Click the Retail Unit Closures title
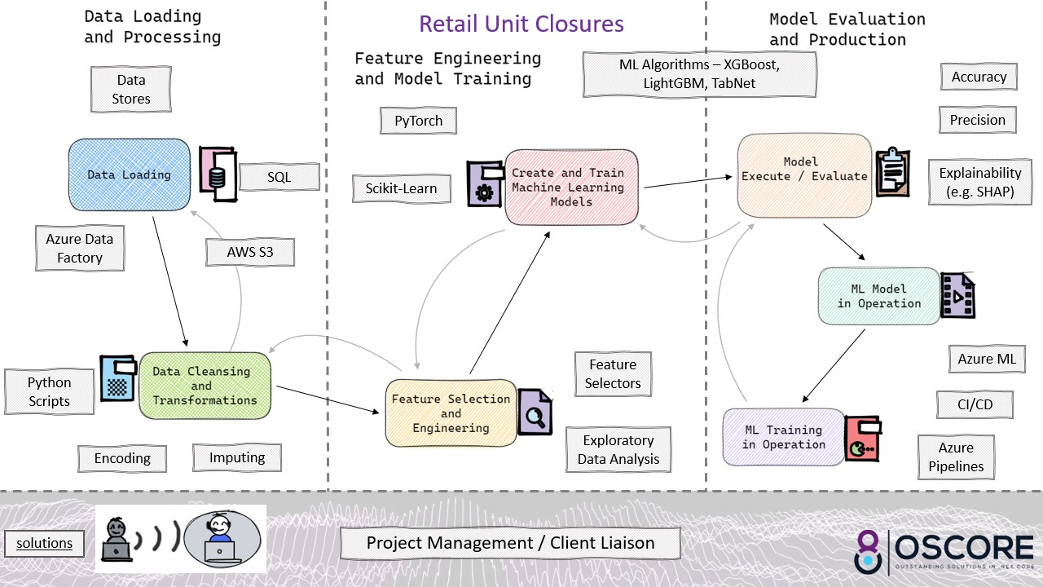(521, 24)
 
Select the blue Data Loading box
(129, 174)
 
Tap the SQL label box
(279, 177)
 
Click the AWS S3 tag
(250, 253)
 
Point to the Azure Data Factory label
(80, 249)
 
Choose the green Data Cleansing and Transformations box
(205, 386)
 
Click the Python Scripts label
(50, 392)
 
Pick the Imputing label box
(236, 457)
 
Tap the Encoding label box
(122, 458)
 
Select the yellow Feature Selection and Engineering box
(451, 413)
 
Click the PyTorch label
(418, 121)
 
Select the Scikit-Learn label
(395, 188)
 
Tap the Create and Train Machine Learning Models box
(570, 188)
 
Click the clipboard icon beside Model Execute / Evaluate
(893, 172)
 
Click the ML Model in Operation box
(878, 296)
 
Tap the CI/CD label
(975, 404)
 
